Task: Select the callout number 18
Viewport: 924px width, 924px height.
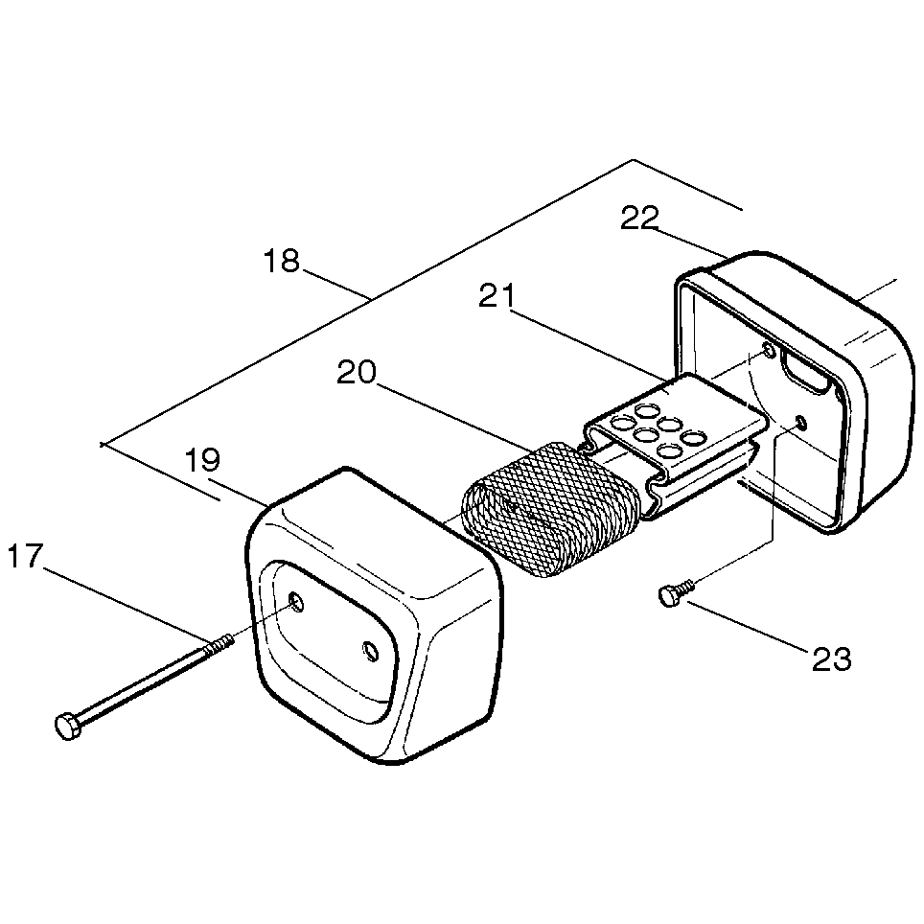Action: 283,261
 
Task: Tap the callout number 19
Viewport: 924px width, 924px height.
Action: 202,460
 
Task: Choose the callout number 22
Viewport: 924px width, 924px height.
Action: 639,219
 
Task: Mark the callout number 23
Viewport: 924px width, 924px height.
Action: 831,658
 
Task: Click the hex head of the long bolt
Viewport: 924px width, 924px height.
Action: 67,727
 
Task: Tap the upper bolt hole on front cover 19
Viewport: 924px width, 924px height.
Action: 297,602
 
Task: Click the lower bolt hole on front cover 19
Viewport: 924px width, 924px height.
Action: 370,652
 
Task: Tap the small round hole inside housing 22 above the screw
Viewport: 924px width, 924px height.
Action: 801,423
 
